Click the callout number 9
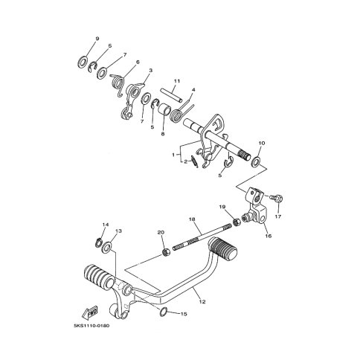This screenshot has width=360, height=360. [97, 39]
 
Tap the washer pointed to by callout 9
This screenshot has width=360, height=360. [82, 62]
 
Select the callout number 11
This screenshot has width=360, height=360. [177, 81]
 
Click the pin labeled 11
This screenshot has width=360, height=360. [171, 95]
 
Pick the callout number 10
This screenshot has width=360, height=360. [262, 144]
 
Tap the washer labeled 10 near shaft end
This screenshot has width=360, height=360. [256, 161]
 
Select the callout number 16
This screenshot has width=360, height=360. [269, 236]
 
